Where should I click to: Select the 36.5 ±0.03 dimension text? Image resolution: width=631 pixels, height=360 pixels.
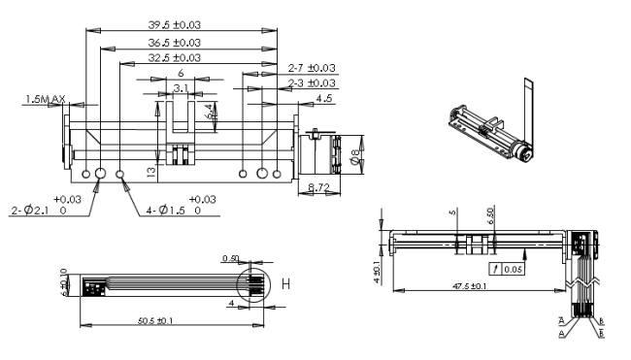pos(174,43)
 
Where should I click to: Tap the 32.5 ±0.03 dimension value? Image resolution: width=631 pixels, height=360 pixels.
pos(174,58)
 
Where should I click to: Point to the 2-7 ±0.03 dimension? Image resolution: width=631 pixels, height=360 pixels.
pos(312,68)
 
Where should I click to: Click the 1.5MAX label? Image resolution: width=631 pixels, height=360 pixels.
pos(46,99)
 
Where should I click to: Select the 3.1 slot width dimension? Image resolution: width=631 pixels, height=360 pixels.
pos(180,88)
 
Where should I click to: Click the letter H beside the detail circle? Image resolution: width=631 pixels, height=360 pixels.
pos(285,283)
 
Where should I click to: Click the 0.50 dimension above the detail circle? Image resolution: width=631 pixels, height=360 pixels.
pos(229,258)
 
